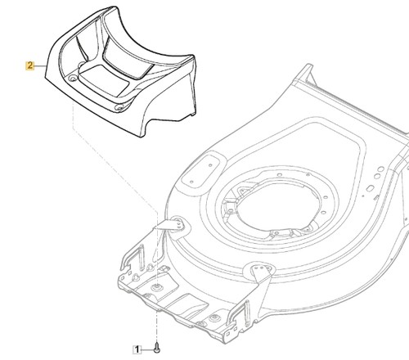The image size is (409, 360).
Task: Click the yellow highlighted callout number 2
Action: pyautogui.click(x=29, y=65)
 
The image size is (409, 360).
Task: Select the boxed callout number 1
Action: pyautogui.click(x=137, y=349)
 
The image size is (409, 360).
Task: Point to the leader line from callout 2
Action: pyautogui.click(x=39, y=66)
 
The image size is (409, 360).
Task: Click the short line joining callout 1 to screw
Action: pyautogui.click(x=148, y=349)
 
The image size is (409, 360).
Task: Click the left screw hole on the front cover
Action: pyautogui.click(x=73, y=79)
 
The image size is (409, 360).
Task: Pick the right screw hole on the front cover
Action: pyautogui.click(x=119, y=108)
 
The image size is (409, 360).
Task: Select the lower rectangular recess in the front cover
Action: pyautogui.click(x=104, y=80)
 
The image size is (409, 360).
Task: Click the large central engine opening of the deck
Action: pyautogui.click(x=276, y=205)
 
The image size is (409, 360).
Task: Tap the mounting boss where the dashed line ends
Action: pyautogui.click(x=157, y=286)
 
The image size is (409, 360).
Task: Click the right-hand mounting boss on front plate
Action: pyautogui.click(x=216, y=317)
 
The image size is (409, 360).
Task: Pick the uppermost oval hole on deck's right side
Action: pyautogui.click(x=381, y=169)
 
